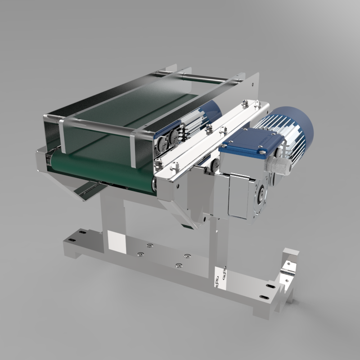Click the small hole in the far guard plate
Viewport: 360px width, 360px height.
click(x=253, y=83)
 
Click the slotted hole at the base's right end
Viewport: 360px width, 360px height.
click(x=270, y=286)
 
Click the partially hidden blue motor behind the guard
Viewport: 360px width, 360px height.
click(x=211, y=110)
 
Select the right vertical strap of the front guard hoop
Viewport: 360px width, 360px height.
click(x=133, y=148)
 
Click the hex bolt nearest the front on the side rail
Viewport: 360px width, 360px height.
click(x=173, y=166)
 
